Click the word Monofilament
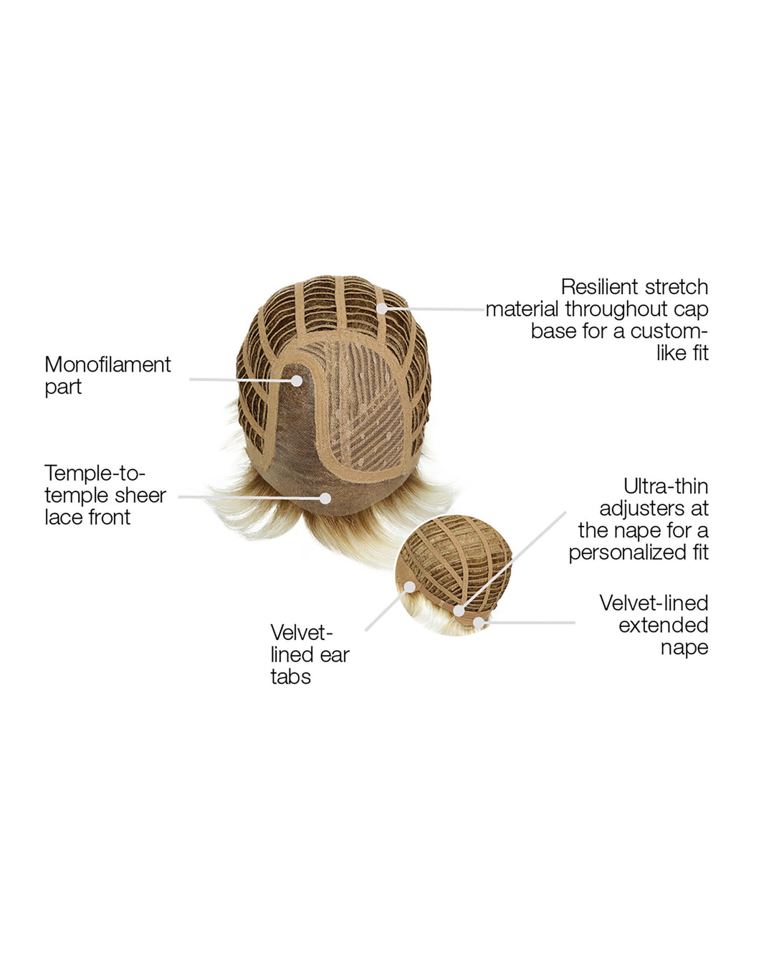[107, 364]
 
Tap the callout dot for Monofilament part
[296, 381]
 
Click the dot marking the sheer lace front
[325, 498]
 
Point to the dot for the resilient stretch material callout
[382, 309]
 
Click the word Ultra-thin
[666, 486]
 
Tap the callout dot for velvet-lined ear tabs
[410, 587]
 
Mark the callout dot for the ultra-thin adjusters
[459, 611]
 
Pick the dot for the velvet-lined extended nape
[479, 623]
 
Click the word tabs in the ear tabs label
[290, 677]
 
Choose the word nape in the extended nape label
[684, 648]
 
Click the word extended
[663, 625]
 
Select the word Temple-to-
[95, 474]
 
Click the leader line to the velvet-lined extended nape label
[530, 623]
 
